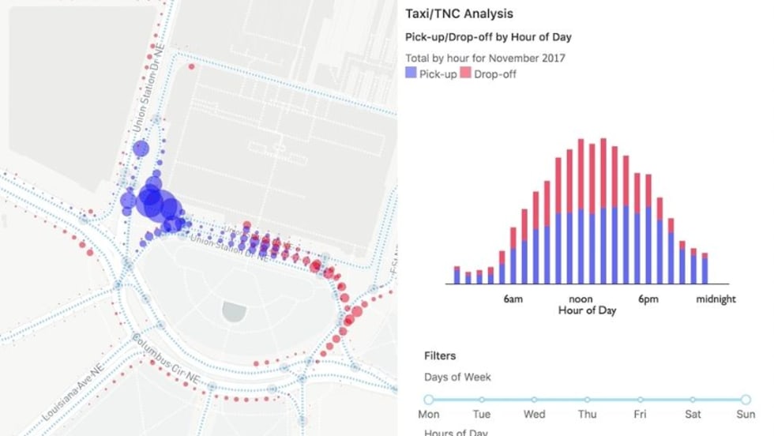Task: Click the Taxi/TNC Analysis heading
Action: click(x=458, y=13)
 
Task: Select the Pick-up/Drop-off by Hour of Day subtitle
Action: click(x=488, y=37)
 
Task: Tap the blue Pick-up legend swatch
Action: click(x=410, y=73)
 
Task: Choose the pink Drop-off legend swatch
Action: click(x=466, y=73)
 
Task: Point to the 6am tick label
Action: click(x=512, y=299)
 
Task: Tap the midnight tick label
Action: click(x=716, y=299)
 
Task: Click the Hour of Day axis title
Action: click(x=587, y=310)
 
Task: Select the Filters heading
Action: click(x=440, y=356)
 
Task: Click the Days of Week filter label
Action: click(x=457, y=378)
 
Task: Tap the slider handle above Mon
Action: click(x=429, y=400)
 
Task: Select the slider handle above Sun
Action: click(x=746, y=400)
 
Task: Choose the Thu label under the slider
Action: click(x=587, y=415)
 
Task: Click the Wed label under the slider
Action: click(x=534, y=415)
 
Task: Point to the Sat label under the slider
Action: click(x=693, y=415)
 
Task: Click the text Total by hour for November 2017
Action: click(x=485, y=58)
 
